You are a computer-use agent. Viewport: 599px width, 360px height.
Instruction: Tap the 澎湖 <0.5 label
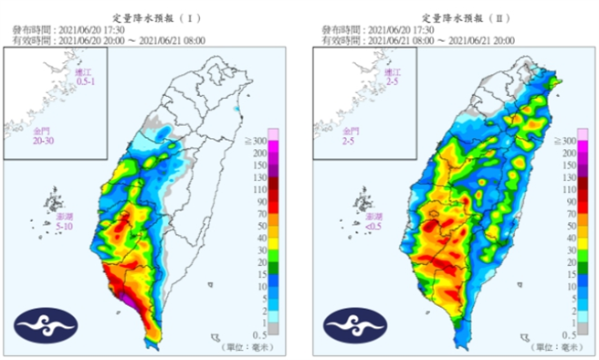(x=374, y=223)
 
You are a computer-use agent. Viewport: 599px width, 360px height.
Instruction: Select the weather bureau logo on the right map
(x=352, y=323)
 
